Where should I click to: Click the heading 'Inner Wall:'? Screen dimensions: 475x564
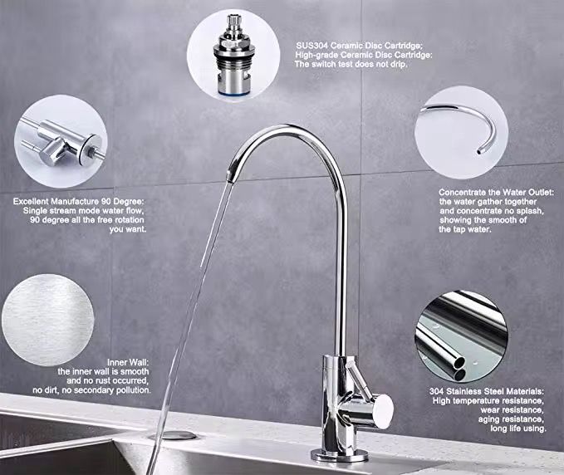point(127,362)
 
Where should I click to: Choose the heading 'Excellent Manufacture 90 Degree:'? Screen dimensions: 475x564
point(79,202)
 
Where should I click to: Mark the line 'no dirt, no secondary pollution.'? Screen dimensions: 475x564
point(91,389)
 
